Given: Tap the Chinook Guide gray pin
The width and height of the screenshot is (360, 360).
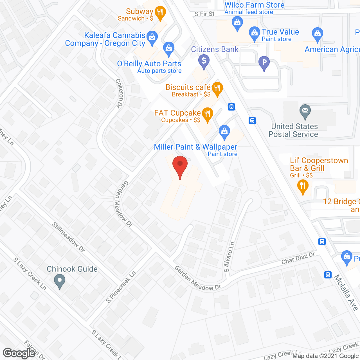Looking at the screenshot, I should pos(60,281).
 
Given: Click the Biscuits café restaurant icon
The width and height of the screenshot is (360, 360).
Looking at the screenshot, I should pos(217,89).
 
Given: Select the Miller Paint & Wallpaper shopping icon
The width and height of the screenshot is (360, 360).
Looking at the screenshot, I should pos(224,132).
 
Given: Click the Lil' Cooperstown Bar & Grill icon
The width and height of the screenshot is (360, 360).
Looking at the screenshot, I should pos(303,186).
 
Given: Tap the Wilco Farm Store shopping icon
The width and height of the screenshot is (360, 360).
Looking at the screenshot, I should pos(237,23).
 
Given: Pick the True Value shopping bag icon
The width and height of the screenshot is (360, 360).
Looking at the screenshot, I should pos(255,33).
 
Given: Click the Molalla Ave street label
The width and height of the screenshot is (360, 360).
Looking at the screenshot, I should pos(346,292).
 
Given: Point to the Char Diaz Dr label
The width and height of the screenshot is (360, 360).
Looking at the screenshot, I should pos(298,258).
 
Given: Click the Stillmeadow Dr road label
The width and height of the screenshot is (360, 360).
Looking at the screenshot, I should pos(68,237).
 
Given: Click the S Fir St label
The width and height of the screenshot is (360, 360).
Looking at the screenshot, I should pos(204,14).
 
